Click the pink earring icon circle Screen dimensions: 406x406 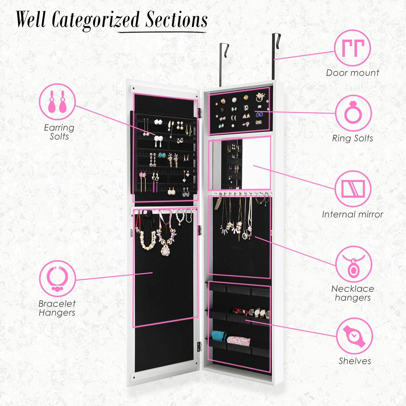[57, 102]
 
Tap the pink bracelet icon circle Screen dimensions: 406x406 [58, 279]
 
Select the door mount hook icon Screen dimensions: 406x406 [352, 48]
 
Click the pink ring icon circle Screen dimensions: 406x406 [353, 113]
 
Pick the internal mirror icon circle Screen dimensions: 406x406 [353, 189]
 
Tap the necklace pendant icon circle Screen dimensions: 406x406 [353, 264]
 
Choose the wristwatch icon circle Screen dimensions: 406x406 [354, 336]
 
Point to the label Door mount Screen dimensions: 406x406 [352, 73]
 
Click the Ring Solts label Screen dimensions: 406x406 [352, 138]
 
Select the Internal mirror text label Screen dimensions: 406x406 [352, 214]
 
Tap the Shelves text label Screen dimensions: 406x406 [355, 361]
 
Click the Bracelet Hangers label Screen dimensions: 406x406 [57, 308]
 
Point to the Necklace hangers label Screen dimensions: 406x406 [353, 293]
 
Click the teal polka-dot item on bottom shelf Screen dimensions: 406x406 [219, 336]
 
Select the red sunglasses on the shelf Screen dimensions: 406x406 [239, 311]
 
